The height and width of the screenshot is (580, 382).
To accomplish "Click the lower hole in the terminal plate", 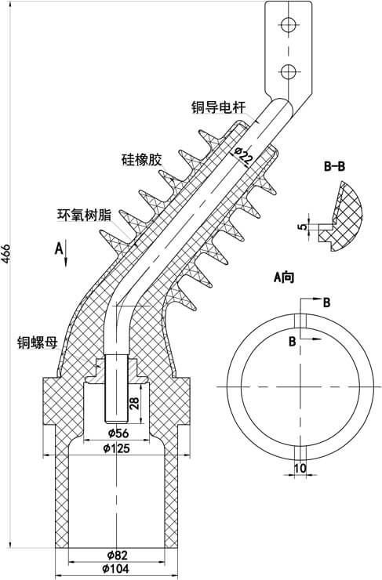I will click(287, 71).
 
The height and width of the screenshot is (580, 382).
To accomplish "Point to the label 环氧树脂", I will click(83, 214).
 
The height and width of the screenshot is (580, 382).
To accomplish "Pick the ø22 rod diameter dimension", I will click(244, 154).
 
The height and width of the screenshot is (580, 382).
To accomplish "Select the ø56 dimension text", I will click(118, 433).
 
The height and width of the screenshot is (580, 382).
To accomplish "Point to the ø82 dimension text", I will click(117, 556).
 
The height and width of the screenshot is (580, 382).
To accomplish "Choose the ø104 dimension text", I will click(117, 570).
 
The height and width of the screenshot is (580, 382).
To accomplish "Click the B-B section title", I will click(336, 166).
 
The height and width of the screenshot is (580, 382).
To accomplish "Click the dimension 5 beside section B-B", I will click(301, 227).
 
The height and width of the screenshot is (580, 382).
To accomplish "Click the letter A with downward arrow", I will click(60, 249).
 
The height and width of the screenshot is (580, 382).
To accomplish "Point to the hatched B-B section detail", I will click(348, 216).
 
